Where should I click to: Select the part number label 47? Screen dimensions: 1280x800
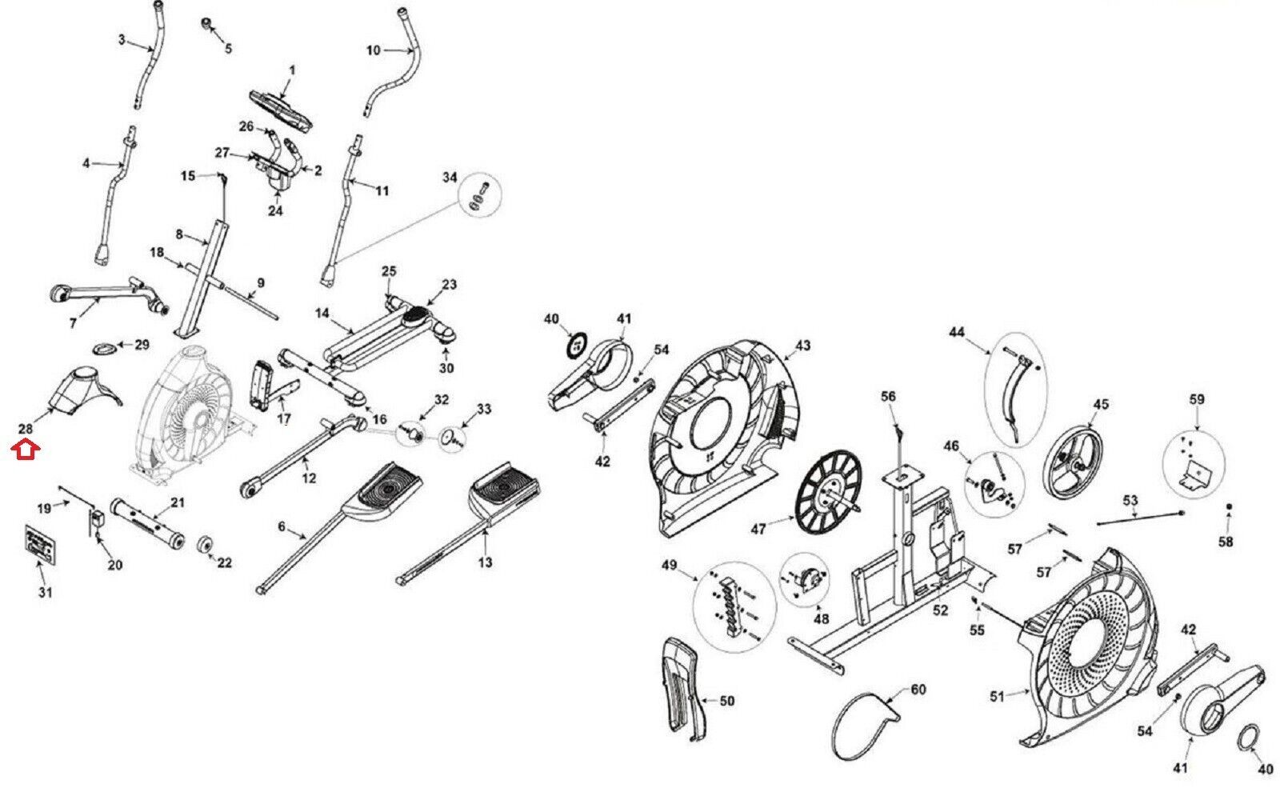pyautogui.click(x=758, y=530)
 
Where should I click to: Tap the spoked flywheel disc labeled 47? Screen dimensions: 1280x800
pyautogui.click(x=828, y=492)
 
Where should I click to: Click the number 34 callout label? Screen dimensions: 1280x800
pyautogui.click(x=450, y=178)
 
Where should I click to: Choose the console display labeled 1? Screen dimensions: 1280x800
pyautogui.click(x=281, y=111)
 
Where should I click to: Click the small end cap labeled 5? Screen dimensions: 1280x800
pyautogui.click(x=207, y=24)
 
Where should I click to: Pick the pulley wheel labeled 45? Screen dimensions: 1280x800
pyautogui.click(x=1073, y=463)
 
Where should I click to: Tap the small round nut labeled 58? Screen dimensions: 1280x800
pyautogui.click(x=1229, y=506)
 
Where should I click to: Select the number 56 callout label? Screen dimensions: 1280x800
pyautogui.click(x=888, y=397)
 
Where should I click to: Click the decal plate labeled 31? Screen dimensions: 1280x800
pyautogui.click(x=41, y=545)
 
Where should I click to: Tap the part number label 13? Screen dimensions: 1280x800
pyautogui.click(x=485, y=563)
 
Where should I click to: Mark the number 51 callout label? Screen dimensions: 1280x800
pyautogui.click(x=997, y=697)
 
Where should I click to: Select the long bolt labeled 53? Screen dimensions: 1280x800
pyautogui.click(x=1140, y=518)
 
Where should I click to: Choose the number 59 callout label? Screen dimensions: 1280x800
pyautogui.click(x=1197, y=400)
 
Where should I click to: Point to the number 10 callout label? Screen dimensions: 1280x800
pyautogui.click(x=373, y=50)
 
